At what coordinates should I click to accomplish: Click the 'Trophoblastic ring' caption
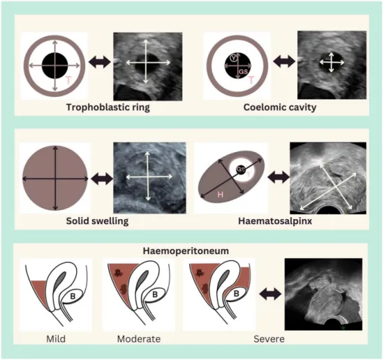point(108,108)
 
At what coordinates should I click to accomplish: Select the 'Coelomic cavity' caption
point(280,108)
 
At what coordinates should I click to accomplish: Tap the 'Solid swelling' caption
point(97,221)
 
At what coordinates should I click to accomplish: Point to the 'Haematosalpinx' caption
point(275,221)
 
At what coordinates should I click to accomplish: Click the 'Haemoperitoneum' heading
point(186,251)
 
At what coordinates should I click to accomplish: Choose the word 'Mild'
point(56,339)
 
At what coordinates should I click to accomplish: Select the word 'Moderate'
point(139,339)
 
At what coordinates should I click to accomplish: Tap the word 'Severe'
point(269,339)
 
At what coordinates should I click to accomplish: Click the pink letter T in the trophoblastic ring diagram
point(69,80)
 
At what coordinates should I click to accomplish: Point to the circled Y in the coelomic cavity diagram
point(234,58)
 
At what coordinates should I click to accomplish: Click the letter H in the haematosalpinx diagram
point(220,195)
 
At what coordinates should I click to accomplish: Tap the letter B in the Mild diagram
point(73,296)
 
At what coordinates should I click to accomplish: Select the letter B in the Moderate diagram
point(155,294)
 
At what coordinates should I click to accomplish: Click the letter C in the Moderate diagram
point(118,273)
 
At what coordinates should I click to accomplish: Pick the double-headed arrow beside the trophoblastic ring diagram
point(99,62)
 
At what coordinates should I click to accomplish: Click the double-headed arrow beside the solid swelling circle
point(102,179)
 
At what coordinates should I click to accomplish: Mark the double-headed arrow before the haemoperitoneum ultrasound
point(270,294)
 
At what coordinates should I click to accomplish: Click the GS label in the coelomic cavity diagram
point(243,71)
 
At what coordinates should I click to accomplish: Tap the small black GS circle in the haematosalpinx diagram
point(241,169)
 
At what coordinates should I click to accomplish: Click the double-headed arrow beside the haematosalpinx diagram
point(279,177)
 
